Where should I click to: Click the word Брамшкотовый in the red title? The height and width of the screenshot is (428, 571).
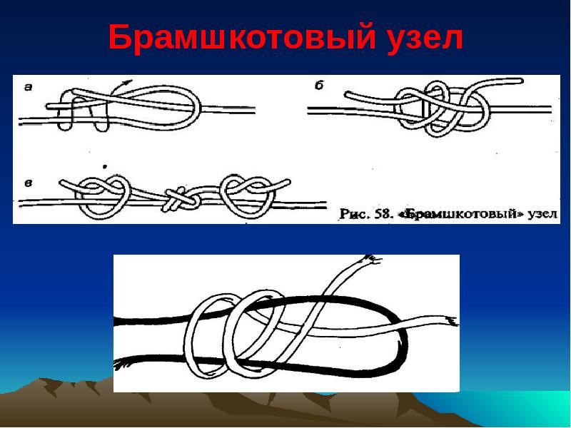(x=242, y=39)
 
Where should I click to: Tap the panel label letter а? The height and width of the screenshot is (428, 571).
(x=29, y=87)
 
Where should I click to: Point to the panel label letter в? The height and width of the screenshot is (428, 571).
(x=28, y=183)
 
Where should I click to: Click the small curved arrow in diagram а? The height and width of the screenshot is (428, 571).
(x=121, y=87)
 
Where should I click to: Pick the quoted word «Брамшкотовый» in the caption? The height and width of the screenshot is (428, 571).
(x=461, y=214)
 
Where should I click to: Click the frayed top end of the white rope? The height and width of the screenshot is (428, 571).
(x=370, y=260)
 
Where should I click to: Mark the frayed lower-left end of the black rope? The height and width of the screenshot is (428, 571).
(x=121, y=365)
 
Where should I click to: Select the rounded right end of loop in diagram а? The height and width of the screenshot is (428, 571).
(x=197, y=106)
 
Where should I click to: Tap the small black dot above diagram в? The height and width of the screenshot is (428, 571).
(x=105, y=167)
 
